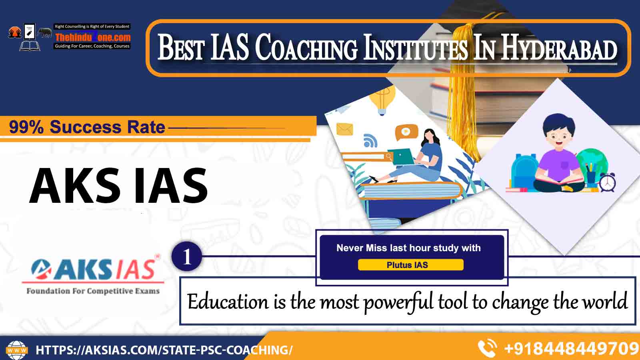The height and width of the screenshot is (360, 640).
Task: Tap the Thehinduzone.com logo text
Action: click(x=93, y=37)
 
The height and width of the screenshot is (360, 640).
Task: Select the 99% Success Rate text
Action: click(x=87, y=127)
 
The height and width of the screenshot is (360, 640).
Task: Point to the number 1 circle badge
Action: click(x=187, y=256)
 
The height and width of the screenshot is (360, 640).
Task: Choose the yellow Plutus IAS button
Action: click(x=410, y=265)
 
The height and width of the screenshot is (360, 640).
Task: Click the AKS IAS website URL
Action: click(x=164, y=350)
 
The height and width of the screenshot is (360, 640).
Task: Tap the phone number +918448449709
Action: click(x=572, y=348)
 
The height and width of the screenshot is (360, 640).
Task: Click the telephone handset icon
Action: click(x=487, y=348)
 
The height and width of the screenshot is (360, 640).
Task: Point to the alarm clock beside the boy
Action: click(x=608, y=182)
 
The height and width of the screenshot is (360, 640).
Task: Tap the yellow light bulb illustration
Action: click(x=382, y=100)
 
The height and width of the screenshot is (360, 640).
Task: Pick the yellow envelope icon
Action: click(x=344, y=129)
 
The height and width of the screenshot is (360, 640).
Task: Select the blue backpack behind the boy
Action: click(x=525, y=171)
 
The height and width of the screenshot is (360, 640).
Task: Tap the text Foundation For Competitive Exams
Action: click(x=93, y=291)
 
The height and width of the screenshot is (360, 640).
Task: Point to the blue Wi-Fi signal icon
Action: click(x=370, y=140)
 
